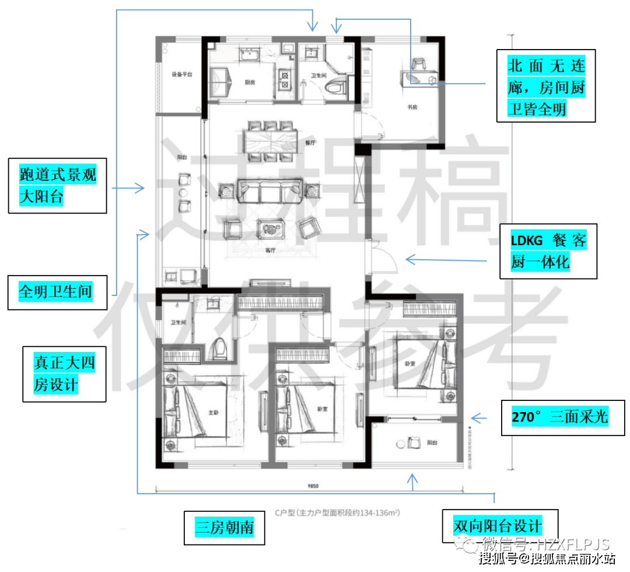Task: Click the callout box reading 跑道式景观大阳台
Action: [58, 185]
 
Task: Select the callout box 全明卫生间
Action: [57, 292]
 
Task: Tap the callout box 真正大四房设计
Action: [64, 374]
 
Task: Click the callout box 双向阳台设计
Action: [499, 525]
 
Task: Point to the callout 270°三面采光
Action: [561, 418]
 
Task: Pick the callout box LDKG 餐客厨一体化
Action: [548, 250]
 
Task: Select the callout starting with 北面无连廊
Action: [546, 85]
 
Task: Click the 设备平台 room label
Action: [182, 75]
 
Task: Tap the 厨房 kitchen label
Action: [250, 82]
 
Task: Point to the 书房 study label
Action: [412, 107]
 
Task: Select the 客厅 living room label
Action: [269, 251]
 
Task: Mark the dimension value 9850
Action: [314, 486]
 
